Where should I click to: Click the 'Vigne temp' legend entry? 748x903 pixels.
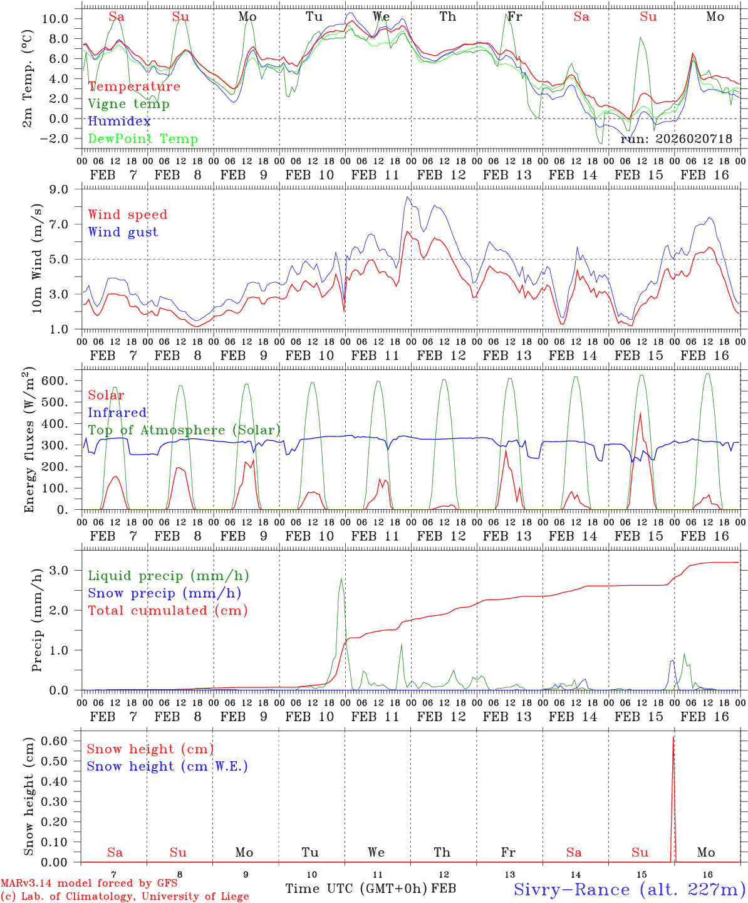coord(128,104)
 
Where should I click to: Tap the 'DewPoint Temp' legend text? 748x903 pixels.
coord(143,139)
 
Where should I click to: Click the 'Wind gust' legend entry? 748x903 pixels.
coord(123,232)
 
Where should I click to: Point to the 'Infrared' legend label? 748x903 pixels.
coord(117,413)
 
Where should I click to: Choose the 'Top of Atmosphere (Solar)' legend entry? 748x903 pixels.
coord(184,430)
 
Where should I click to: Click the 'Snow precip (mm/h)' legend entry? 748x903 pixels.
coord(164,593)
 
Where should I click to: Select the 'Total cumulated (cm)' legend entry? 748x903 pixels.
coord(167,611)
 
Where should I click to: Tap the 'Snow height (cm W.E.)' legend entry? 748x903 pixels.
coord(167,766)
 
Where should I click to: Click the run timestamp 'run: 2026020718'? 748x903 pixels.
coord(676,139)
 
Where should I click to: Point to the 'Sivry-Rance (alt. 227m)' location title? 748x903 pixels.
coord(629,889)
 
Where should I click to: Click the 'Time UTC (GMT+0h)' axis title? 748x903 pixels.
coord(356,889)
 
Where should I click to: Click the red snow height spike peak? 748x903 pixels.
coord(673,738)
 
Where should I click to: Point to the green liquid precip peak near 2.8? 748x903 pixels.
coord(341,579)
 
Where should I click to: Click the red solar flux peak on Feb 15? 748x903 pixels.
coord(640,413)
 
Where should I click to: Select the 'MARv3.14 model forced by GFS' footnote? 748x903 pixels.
coord(90,884)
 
